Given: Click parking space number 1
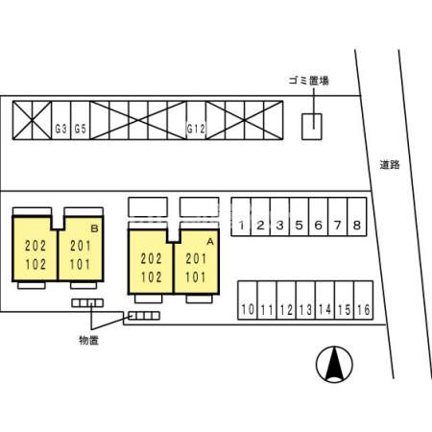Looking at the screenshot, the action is pos(241,217).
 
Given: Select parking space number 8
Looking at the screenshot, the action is pos(357,217).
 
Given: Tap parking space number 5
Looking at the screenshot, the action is pos(299,217).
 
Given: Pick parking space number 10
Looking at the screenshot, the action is pos(248,300).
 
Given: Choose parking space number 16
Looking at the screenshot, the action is pos(364,300).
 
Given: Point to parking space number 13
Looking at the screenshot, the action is pos(305,300).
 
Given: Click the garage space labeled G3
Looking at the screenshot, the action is pos(61,120).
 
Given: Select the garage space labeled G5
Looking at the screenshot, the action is pos(81,120).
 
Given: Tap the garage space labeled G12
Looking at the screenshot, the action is pos(196,120).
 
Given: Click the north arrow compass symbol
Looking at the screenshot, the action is pos(334,365).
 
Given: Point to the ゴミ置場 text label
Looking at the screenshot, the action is pos(308,81).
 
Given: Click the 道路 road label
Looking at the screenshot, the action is pos(390,165).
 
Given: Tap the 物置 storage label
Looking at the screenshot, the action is pos(88,340).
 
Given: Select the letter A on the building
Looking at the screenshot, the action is pos(210,242).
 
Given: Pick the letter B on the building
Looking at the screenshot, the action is pos(94,228).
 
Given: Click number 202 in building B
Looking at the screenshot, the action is pos(36,246).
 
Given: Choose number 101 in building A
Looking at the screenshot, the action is pos(196,277).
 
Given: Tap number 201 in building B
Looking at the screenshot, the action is pos(81,246).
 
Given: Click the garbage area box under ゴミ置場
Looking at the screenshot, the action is pos(312,127).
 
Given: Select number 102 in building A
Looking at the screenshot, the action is pos(152,277).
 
